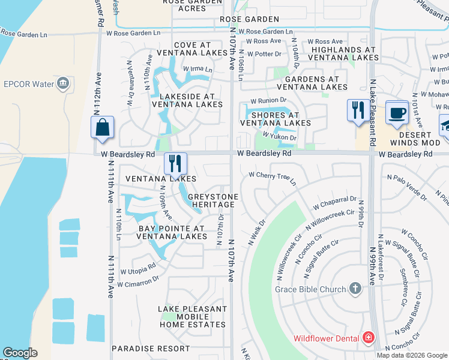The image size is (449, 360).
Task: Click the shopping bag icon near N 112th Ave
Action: (102, 128)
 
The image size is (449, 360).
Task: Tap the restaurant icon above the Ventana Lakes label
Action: (175, 163)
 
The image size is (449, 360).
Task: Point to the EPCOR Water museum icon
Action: (62, 83)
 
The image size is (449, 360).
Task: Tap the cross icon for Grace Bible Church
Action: (355, 289)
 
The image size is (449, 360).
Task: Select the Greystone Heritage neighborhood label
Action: (213, 201)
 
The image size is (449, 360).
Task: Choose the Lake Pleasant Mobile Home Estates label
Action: (193, 317)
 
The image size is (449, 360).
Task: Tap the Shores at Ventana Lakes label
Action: (276, 119)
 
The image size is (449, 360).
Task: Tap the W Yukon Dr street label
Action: (279, 137)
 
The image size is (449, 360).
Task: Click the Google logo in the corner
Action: (20, 353)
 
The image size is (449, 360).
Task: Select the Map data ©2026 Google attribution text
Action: (412, 355)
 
